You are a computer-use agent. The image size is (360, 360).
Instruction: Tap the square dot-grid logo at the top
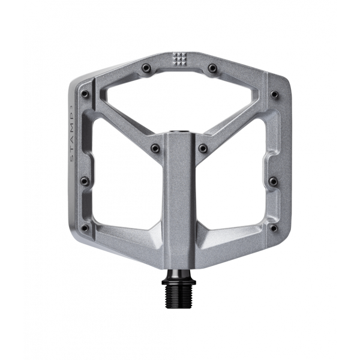(179, 59)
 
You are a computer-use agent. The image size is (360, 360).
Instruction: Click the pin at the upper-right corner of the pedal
(274, 94)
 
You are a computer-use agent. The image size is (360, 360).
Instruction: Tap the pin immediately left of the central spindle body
(154, 148)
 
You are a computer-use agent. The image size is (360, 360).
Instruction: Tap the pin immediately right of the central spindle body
(203, 148)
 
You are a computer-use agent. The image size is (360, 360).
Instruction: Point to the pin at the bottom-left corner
(84, 228)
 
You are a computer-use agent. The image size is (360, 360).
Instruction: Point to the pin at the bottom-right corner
(274, 228)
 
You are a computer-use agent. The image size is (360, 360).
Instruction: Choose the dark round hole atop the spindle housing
(179, 130)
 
